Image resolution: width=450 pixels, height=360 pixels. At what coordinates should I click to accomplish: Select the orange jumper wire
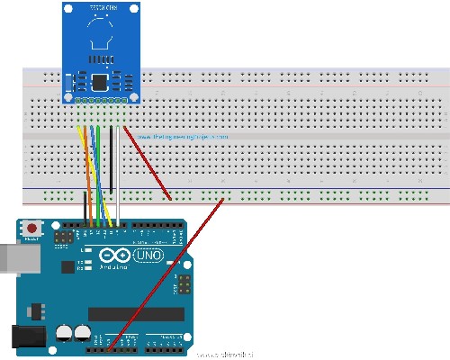click(x=86, y=180)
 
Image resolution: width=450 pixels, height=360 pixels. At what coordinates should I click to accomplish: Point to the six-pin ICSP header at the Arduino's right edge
click(x=183, y=286)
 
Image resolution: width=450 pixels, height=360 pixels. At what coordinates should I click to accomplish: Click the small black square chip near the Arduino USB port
click(x=65, y=238)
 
